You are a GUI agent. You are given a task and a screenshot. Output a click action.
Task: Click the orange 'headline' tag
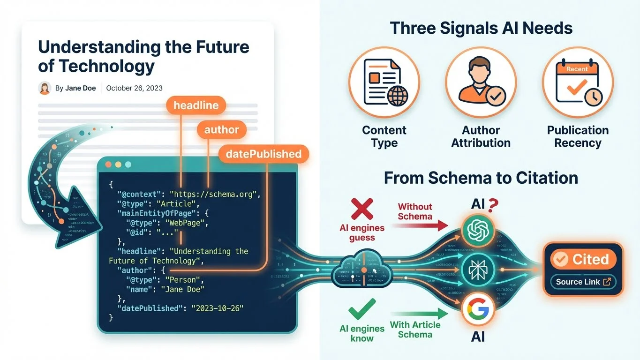tap(196, 105)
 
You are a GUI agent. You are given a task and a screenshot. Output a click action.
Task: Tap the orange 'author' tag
tap(221, 130)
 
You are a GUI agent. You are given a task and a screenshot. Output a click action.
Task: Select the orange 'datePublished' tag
tap(263, 154)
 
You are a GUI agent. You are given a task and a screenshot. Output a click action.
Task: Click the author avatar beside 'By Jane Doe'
tap(45, 88)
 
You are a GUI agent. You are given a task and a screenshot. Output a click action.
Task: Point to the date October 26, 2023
tap(134, 88)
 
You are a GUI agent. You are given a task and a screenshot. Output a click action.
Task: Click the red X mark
tap(362, 209)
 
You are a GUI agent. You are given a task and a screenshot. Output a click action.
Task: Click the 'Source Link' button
tap(583, 282)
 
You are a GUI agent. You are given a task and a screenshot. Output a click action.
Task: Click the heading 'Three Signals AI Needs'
tap(481, 28)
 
